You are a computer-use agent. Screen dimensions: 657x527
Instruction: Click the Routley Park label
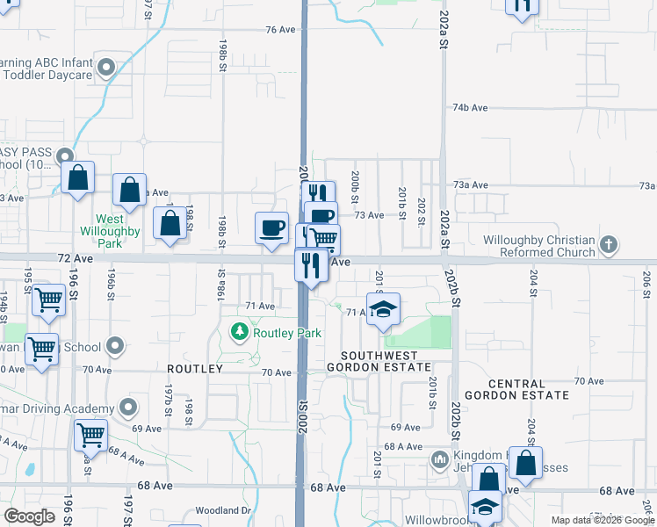[x=287, y=333]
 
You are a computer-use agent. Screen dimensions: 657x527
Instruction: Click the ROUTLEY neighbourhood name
[x=195, y=370]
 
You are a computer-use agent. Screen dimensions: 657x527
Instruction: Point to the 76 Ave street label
[x=280, y=29]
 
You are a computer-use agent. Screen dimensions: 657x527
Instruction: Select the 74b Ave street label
[x=470, y=107]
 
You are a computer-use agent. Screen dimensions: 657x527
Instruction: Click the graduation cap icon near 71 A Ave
[x=383, y=309]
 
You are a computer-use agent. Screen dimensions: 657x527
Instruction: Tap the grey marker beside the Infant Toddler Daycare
[x=107, y=68]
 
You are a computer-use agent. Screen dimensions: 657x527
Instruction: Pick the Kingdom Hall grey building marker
[x=440, y=458]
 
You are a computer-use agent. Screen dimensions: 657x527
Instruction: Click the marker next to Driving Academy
[x=129, y=408]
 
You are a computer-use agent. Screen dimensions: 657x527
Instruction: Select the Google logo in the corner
[x=30, y=516]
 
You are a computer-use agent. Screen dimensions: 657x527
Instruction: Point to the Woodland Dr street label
[x=223, y=510]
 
